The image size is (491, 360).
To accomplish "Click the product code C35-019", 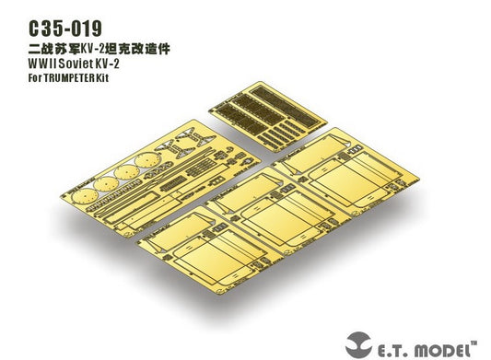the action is coord(65,29).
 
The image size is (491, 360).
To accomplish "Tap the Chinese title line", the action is coord(99,49).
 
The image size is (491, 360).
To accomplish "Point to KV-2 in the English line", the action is coord(108,64).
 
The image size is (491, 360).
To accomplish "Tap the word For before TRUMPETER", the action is coord(35,77).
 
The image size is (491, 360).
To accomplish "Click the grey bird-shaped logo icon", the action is coord(358,344).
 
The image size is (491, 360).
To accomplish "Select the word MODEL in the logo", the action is coord(444,350).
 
